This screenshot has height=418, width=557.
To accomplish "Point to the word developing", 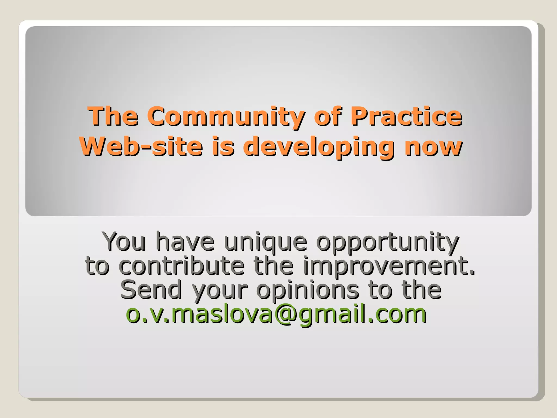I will (x=318, y=147).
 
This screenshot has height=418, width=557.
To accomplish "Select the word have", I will (x=185, y=242).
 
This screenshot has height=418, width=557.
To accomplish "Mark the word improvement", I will (x=389, y=266).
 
